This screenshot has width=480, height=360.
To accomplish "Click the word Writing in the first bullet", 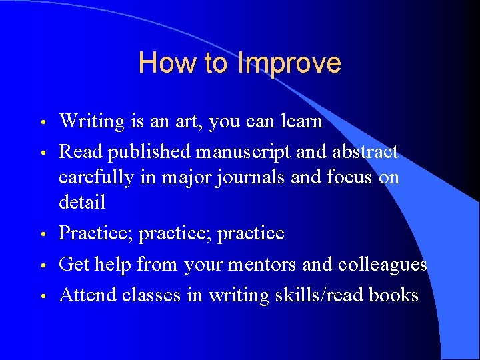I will pyautogui.click(x=92, y=121).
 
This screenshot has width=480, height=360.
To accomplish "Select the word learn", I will pyautogui.click(x=299, y=121).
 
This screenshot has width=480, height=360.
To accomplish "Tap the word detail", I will pyautogui.click(x=82, y=201).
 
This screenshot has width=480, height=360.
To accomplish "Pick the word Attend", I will pyautogui.click(x=87, y=295).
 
